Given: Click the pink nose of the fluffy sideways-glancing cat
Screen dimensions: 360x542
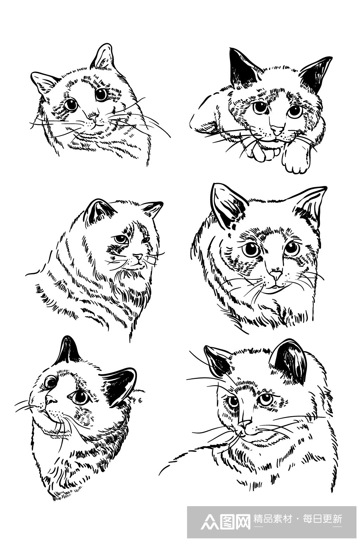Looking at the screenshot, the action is coord(138,257).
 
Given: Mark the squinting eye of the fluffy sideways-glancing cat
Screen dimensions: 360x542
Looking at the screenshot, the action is coord(146,240).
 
